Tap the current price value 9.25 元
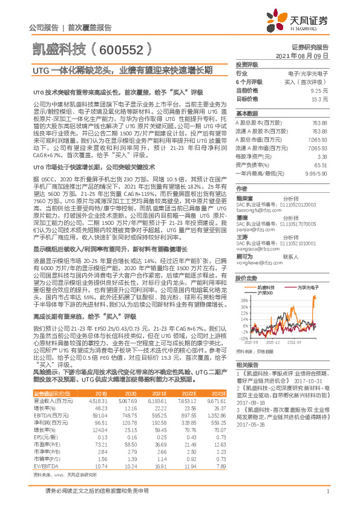(320, 89)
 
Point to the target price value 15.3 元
(320, 98)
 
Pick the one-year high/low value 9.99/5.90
(315, 172)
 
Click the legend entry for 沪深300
(264, 293)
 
